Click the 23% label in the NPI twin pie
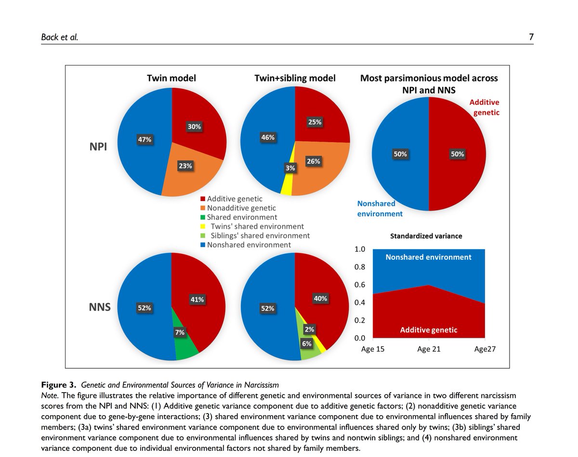tap(185, 166)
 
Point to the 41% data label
tap(197, 300)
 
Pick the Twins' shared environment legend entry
tap(254, 226)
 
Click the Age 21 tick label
tap(429, 349)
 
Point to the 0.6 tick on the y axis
tap(360, 285)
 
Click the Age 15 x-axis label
tap(373, 349)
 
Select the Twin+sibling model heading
tap(295, 78)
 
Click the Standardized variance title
tap(426, 236)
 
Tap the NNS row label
tap(100, 307)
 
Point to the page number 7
tap(531, 37)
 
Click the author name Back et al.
tap(59, 37)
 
